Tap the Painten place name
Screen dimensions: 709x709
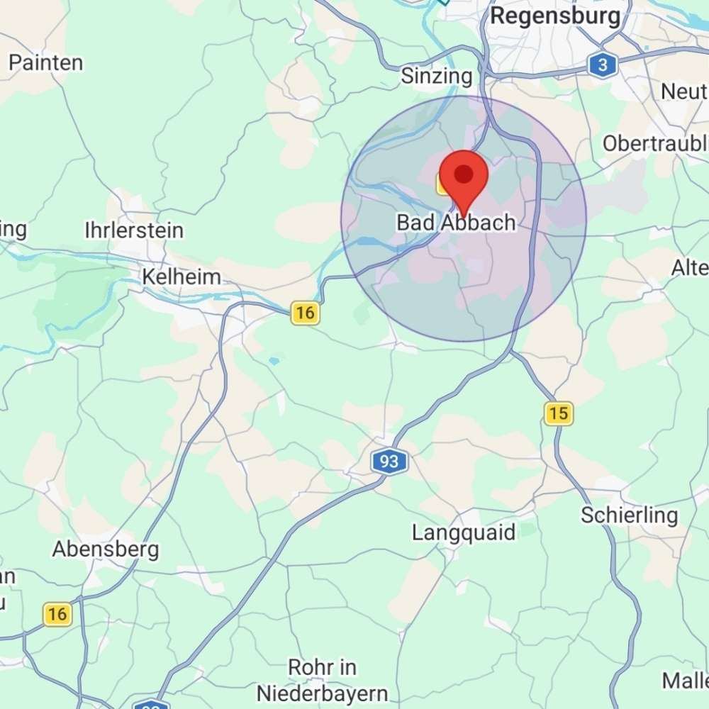click(46, 62)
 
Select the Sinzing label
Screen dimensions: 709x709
click(437, 76)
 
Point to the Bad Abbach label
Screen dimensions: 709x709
click(456, 223)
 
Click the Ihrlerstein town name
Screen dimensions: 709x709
click(134, 230)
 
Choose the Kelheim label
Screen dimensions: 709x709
click(182, 277)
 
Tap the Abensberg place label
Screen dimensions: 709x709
click(106, 549)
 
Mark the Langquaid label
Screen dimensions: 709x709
click(464, 532)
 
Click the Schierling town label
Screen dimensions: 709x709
click(630, 515)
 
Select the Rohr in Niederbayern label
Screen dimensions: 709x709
click(323, 680)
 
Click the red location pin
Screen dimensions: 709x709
click(464, 177)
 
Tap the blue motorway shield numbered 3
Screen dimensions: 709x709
click(602, 66)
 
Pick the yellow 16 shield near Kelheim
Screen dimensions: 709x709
click(305, 313)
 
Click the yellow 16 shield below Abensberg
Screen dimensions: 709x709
click(57, 614)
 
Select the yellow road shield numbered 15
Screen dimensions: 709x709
click(559, 413)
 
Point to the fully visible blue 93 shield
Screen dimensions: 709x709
click(389, 462)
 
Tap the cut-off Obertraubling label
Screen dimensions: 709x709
click(655, 144)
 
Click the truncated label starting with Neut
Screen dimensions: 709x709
click(684, 91)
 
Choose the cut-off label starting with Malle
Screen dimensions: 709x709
click(685, 681)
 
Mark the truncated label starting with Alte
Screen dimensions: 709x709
click(690, 267)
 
